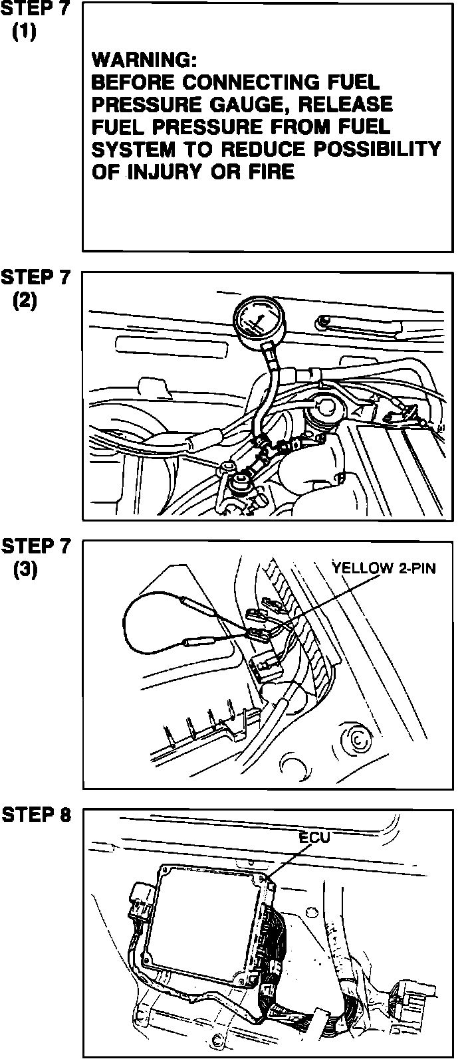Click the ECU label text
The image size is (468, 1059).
(314, 837)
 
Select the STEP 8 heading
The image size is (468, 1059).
(37, 815)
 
